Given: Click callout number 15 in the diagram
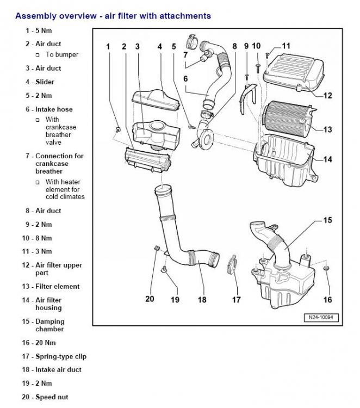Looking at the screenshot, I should coord(328,220).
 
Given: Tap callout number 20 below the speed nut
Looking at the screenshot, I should coord(150,299).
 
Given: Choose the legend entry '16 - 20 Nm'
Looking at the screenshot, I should coord(39,343).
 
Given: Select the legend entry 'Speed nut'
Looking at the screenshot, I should coord(52,397).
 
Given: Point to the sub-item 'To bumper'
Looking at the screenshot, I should coord(61,54).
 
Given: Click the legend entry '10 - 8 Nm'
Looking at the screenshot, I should coord(37,238).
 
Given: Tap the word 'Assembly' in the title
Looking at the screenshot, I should coord(33,16).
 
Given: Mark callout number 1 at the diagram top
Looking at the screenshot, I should coord(108,47).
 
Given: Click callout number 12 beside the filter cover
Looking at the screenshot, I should coord(327,96).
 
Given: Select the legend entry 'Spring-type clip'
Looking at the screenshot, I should coord(60,356).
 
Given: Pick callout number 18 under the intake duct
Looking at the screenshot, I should coord(202,299).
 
